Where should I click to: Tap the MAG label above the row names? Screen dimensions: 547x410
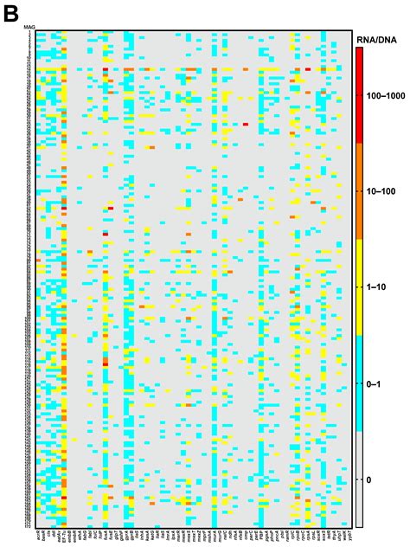pyautogui.click(x=30, y=29)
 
